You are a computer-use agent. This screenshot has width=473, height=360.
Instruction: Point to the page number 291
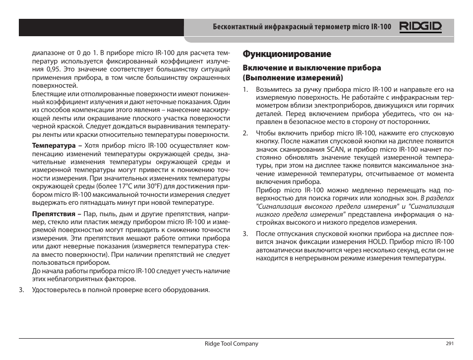coord(450,344)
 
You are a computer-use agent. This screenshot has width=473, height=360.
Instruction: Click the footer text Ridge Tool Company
coord(232,344)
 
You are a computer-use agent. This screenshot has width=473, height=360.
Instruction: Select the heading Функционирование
coord(287,54)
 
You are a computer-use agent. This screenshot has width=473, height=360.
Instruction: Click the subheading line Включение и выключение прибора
coord(311,68)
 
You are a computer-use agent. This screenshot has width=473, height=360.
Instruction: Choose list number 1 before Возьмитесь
coord(244,90)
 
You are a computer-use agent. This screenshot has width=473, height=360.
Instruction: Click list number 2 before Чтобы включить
coord(244,133)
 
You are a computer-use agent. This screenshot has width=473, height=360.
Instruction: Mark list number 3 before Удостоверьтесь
coord(21,290)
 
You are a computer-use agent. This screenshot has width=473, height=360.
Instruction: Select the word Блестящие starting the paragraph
coord(48,94)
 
